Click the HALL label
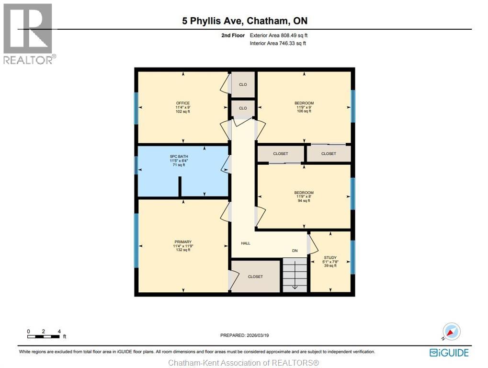coord(246,243)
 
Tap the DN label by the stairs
coord(295,251)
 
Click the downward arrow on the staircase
coord(295,286)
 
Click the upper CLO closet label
coord(243,85)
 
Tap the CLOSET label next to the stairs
coord(255,276)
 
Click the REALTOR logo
coord(29,34)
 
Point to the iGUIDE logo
coord(449,353)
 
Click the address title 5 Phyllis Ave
coord(244,21)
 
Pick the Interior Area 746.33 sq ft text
coord(278,43)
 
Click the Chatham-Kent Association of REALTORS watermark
coord(244,363)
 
